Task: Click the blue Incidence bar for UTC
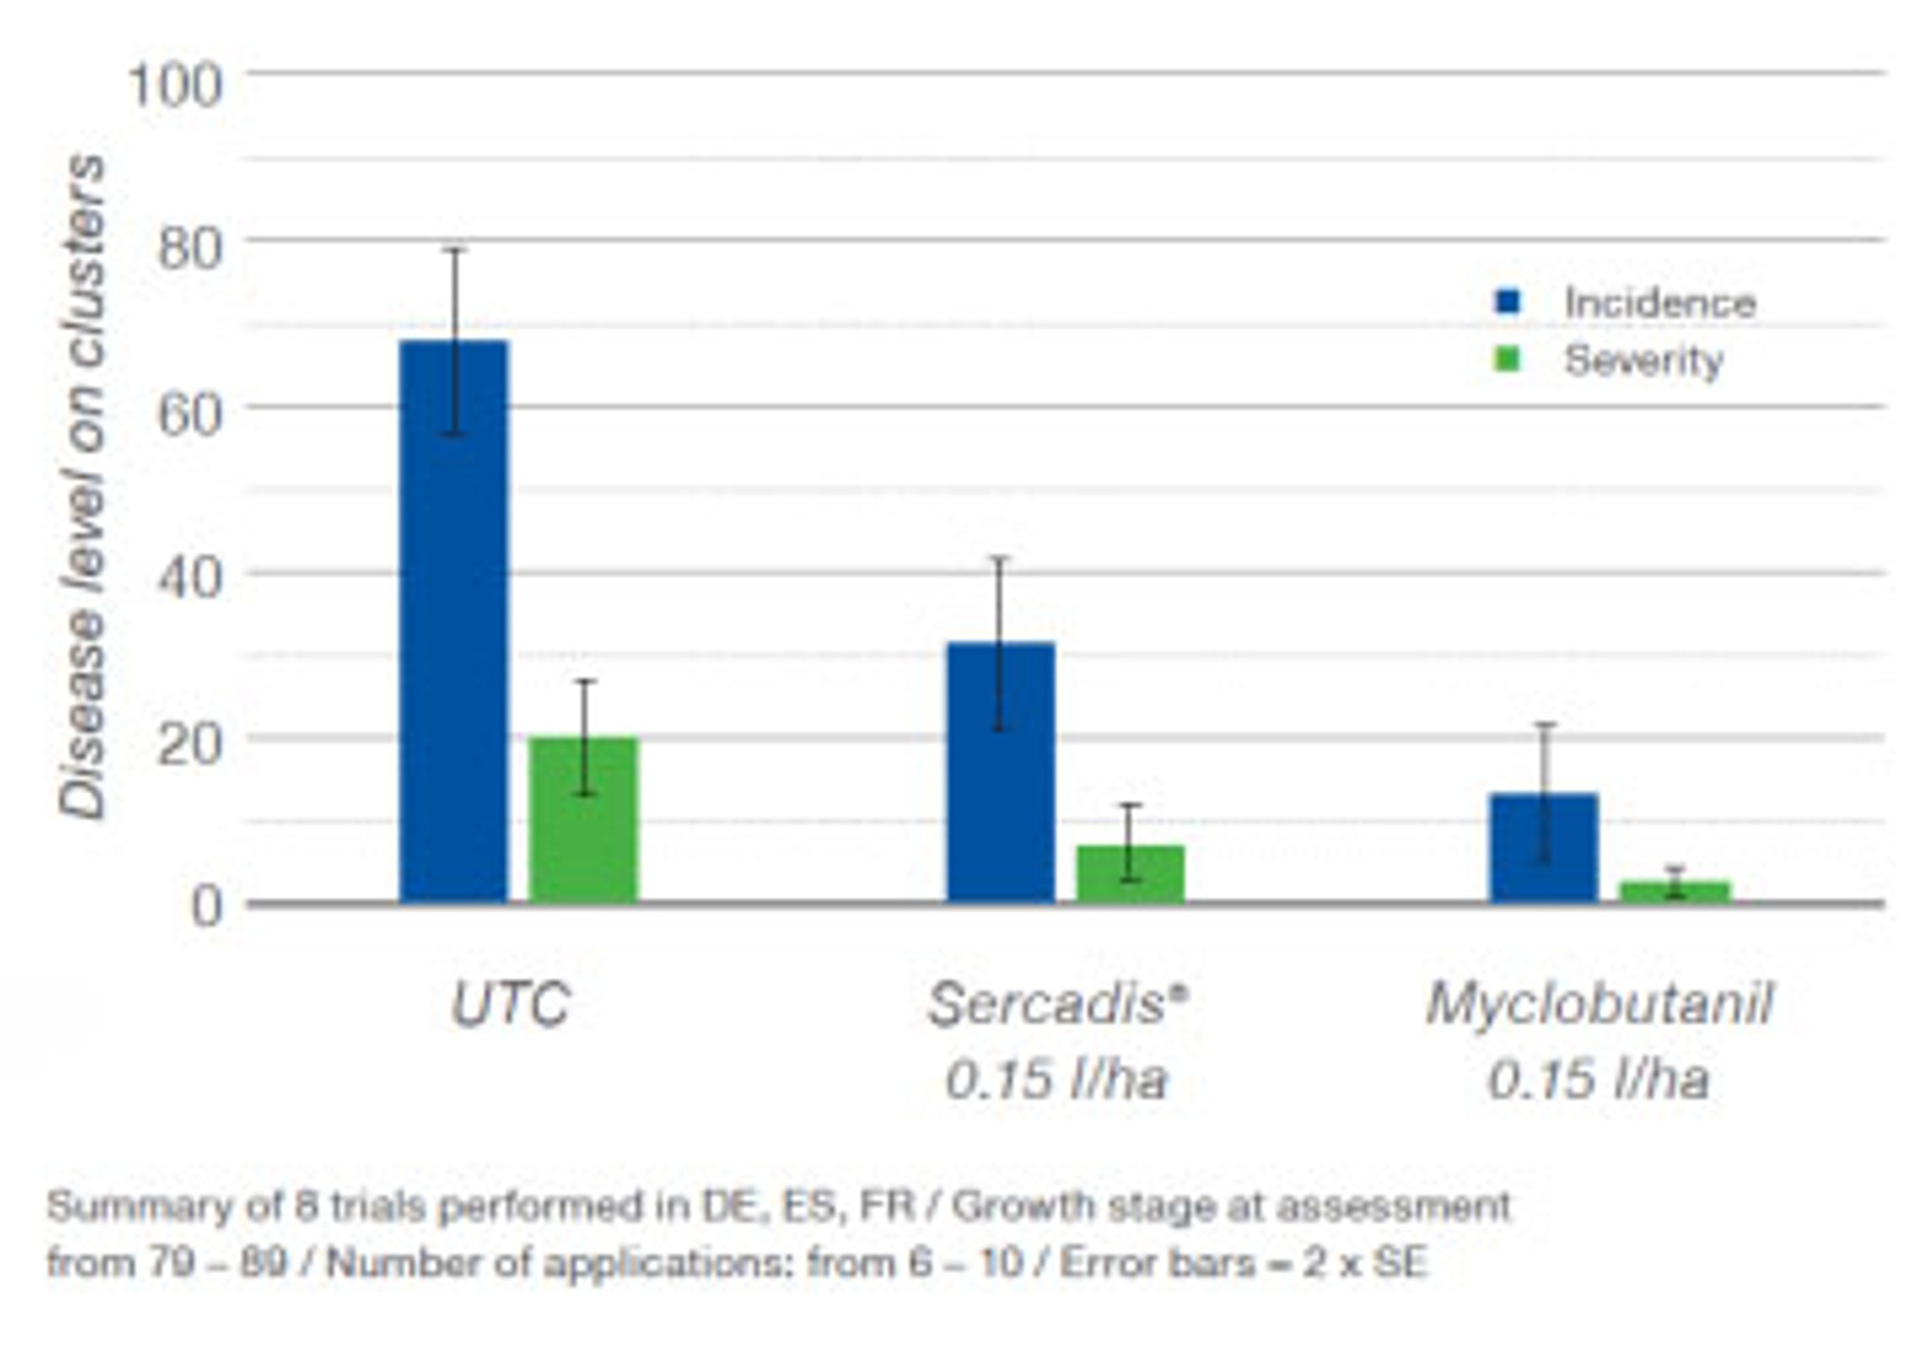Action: (x=454, y=621)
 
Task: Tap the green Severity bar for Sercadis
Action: (x=1130, y=875)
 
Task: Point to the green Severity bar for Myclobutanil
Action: (x=1674, y=892)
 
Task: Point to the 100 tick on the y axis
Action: (x=175, y=86)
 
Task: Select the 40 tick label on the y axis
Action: (x=189, y=578)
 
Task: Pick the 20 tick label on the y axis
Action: (x=189, y=744)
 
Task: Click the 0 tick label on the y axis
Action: (x=206, y=906)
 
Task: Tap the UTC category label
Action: (x=511, y=1005)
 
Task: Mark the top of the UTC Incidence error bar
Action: (x=455, y=250)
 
